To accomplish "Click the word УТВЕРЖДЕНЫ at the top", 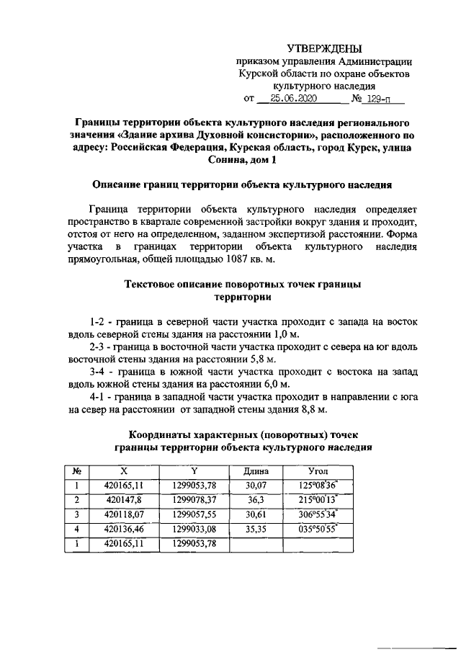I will coord(325,48).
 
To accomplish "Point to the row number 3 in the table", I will coord(76,514).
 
